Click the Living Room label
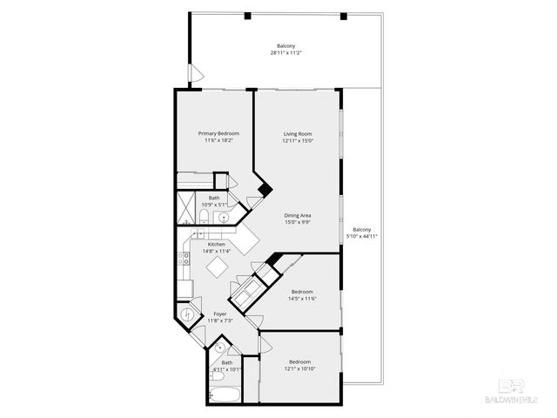(x=298, y=133)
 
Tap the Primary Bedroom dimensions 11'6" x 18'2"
(x=218, y=140)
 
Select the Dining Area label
(x=298, y=215)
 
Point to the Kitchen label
(x=216, y=245)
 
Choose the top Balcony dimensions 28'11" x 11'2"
(x=285, y=53)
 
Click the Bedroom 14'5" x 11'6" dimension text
(x=302, y=299)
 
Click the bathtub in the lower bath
(x=225, y=394)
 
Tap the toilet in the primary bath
(x=203, y=217)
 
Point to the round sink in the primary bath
(x=224, y=218)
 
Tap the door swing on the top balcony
(x=198, y=75)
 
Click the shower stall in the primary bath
(x=185, y=211)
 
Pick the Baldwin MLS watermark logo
(x=512, y=391)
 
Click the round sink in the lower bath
(x=220, y=348)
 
